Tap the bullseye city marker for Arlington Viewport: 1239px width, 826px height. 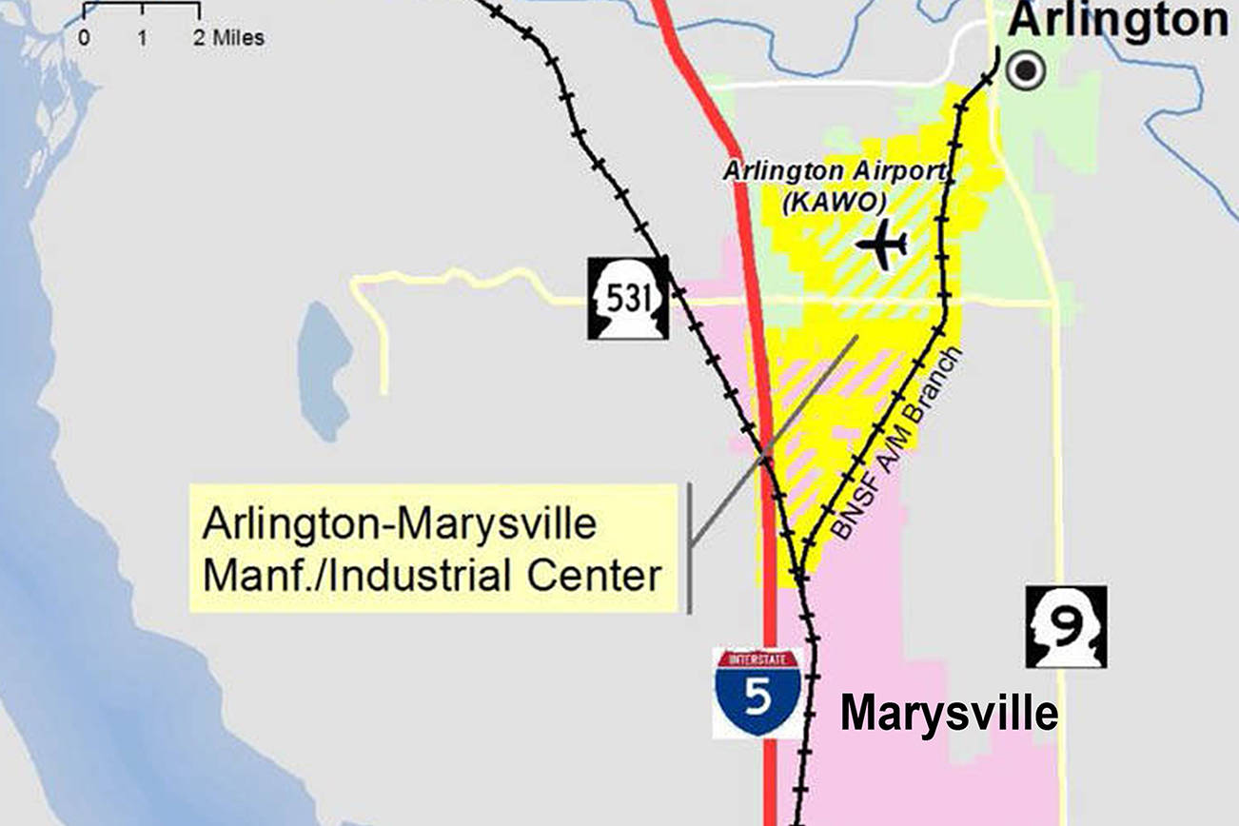[x=1026, y=70]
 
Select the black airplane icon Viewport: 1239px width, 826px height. [x=882, y=245]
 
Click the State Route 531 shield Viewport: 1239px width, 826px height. [x=627, y=298]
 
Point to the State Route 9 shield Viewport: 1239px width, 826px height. [x=1066, y=625]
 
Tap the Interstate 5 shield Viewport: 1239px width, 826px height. [x=757, y=693]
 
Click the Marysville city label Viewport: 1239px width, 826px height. [x=948, y=712]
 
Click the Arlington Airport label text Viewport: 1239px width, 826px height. [x=836, y=172]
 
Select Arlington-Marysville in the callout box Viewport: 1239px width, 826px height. [x=399, y=525]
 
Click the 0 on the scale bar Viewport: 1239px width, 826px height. [x=85, y=38]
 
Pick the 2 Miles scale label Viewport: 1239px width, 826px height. [x=229, y=38]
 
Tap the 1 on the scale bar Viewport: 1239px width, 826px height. [x=142, y=38]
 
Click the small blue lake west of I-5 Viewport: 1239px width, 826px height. [x=324, y=370]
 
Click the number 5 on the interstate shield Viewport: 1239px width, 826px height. [x=757, y=699]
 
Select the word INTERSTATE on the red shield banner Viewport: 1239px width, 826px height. [x=757, y=658]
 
